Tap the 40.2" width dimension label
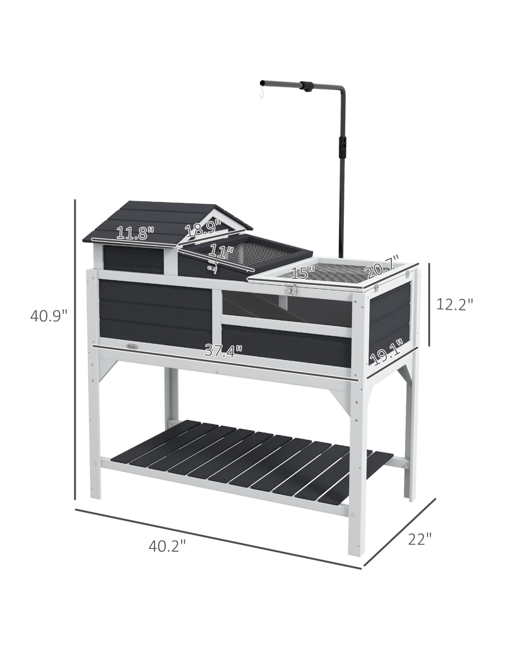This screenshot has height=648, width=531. coord(166,546)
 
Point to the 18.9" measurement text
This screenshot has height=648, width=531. coord(202,229)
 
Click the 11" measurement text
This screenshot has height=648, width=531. coord(221,251)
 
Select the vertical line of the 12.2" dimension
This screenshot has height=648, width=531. coord(428,305)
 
